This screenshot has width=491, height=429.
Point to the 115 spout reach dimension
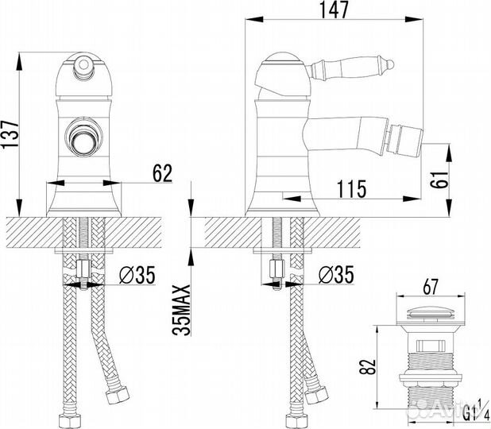click(350, 189)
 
